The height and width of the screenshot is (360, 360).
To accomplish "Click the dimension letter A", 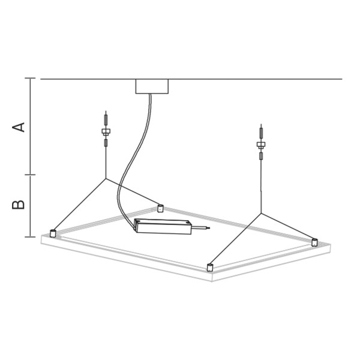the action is pyautogui.click(x=19, y=127).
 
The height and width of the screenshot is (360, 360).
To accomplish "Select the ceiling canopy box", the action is pyautogui.click(x=152, y=86).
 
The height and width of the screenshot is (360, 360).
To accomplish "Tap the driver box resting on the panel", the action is pyautogui.click(x=163, y=227).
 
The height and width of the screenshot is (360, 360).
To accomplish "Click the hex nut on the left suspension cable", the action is pyautogui.click(x=106, y=131).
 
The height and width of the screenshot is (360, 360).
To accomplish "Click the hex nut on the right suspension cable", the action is pyautogui.click(x=261, y=145).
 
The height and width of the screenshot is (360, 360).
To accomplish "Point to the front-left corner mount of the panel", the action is pyautogui.click(x=53, y=233).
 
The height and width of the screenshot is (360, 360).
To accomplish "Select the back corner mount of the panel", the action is pyautogui.click(x=160, y=208).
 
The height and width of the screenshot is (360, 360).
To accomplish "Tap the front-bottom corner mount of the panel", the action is pyautogui.click(x=210, y=268).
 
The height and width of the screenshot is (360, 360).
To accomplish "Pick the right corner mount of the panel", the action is pyautogui.click(x=314, y=242).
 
